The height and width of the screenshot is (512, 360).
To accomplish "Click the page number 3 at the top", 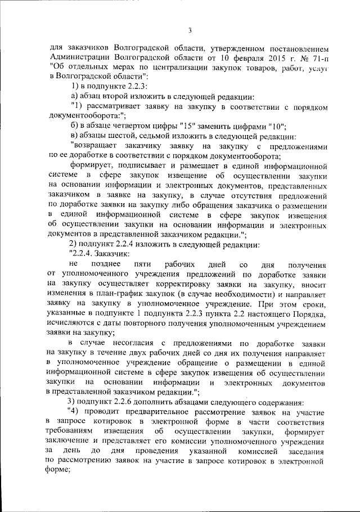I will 190,30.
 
